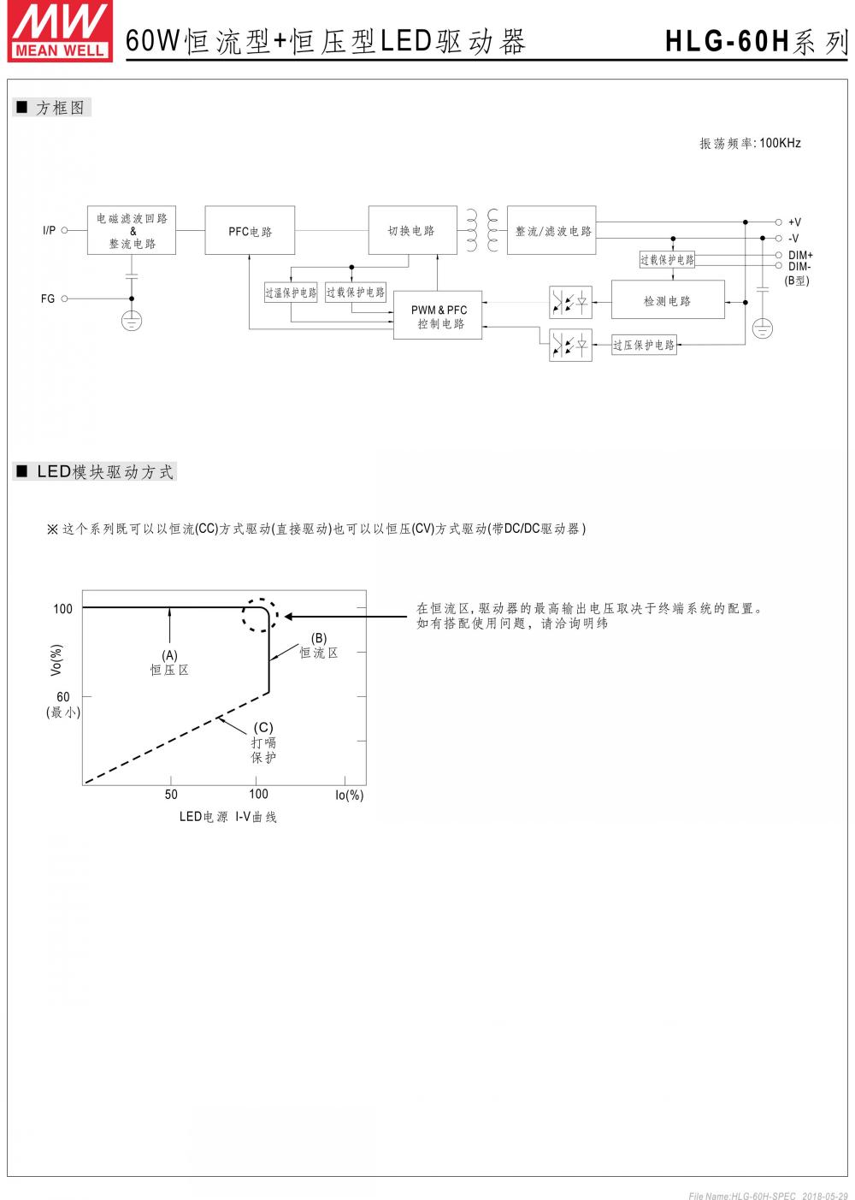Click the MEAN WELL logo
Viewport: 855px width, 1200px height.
click(x=60, y=32)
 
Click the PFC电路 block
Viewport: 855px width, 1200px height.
click(x=250, y=231)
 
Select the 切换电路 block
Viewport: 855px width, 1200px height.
click(x=411, y=230)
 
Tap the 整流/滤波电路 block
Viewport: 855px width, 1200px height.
click(x=551, y=231)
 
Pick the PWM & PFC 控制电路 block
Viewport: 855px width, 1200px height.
click(x=438, y=316)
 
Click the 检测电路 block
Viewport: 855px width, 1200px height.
click(x=668, y=300)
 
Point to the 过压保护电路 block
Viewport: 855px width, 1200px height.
click(x=644, y=345)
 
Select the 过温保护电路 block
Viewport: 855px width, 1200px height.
click(x=291, y=293)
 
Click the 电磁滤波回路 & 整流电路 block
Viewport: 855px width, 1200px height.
click(x=132, y=231)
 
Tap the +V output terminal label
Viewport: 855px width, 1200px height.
click(x=794, y=222)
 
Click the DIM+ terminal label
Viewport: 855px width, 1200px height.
click(x=800, y=255)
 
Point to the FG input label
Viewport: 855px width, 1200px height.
click(x=48, y=299)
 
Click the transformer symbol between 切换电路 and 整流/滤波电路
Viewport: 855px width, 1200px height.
click(x=482, y=231)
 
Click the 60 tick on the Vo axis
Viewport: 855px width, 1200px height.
click(x=63, y=697)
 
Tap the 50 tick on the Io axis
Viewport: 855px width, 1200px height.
click(x=171, y=795)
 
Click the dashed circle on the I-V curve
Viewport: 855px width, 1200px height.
click(x=259, y=616)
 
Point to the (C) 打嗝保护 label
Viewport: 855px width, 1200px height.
click(x=263, y=742)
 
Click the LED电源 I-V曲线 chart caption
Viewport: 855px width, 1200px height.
click(x=227, y=817)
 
